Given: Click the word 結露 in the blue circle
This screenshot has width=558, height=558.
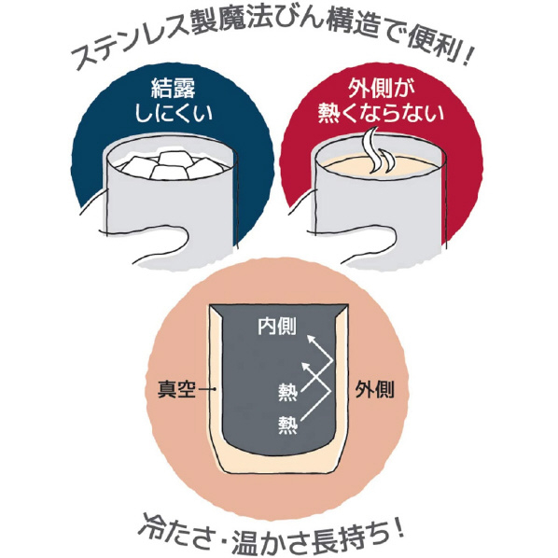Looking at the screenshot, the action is coord(174,88).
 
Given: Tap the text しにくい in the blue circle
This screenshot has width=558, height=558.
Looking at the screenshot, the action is coord(174,114).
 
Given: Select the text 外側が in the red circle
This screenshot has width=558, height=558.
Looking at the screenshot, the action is coord(381,88).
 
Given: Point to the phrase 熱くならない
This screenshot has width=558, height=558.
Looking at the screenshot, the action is coord(381,114).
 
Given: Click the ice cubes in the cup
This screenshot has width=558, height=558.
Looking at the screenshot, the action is coord(168,165).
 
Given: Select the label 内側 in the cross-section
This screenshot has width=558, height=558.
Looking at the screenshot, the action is coord(277,326).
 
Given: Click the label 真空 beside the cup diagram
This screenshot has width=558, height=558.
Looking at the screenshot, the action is coord(176,389).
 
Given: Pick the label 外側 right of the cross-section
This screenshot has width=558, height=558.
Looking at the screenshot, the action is coord(375,389).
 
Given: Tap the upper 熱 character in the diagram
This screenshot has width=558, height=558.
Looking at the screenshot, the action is coord(287,392).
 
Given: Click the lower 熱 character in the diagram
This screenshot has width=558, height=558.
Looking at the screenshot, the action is coord(287,425).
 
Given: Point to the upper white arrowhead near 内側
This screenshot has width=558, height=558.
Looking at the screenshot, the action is coord(312,339).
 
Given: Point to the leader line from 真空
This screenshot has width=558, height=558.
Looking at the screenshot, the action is coord(207,389).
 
